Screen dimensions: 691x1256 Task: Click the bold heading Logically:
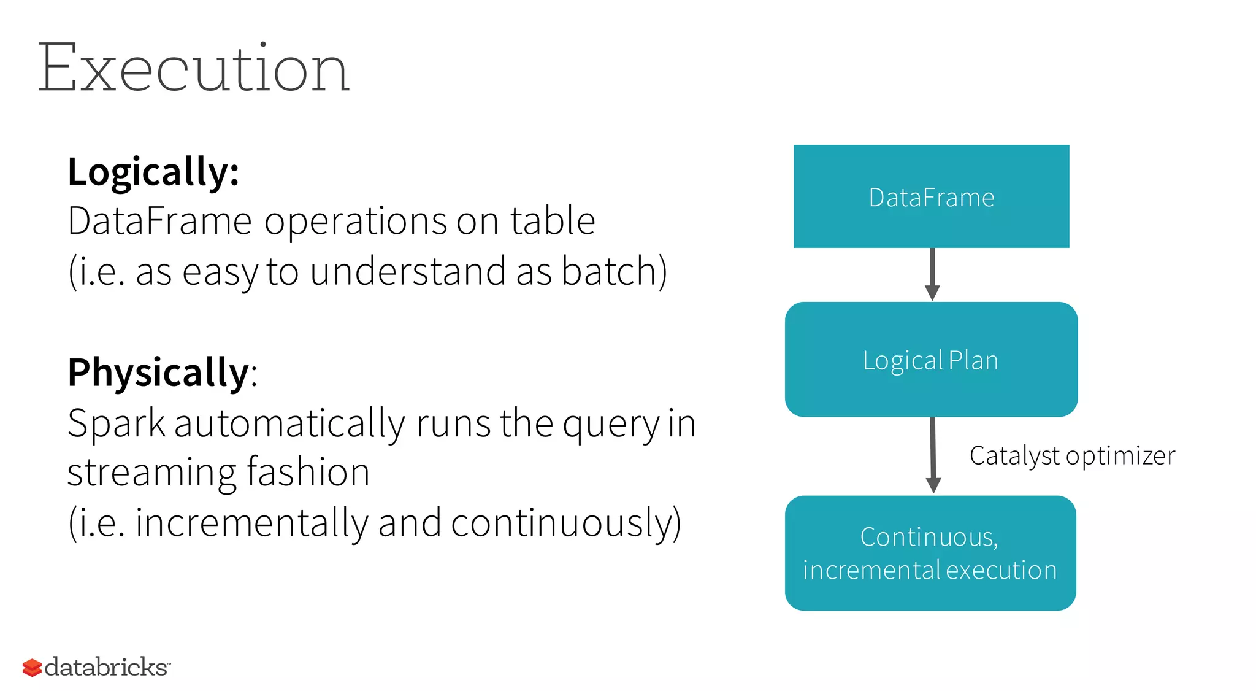click(x=153, y=172)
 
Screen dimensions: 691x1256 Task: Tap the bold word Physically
click(x=158, y=373)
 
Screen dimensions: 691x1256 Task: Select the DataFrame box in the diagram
click(x=931, y=196)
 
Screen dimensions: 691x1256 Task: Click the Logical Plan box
click(x=931, y=360)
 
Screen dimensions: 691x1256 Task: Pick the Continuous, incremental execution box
click(x=930, y=553)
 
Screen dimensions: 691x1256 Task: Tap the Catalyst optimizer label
click(x=1072, y=456)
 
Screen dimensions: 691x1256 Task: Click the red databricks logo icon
click(x=32, y=668)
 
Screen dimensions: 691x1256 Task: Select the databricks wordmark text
click(x=106, y=667)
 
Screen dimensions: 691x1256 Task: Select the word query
click(x=611, y=425)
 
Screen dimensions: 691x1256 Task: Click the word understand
click(x=407, y=271)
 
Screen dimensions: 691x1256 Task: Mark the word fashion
click(x=308, y=473)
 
